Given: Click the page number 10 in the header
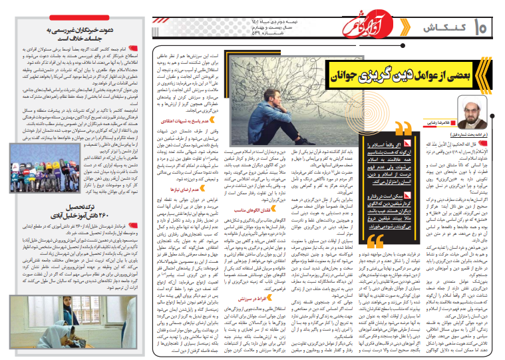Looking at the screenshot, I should coord(482,29).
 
